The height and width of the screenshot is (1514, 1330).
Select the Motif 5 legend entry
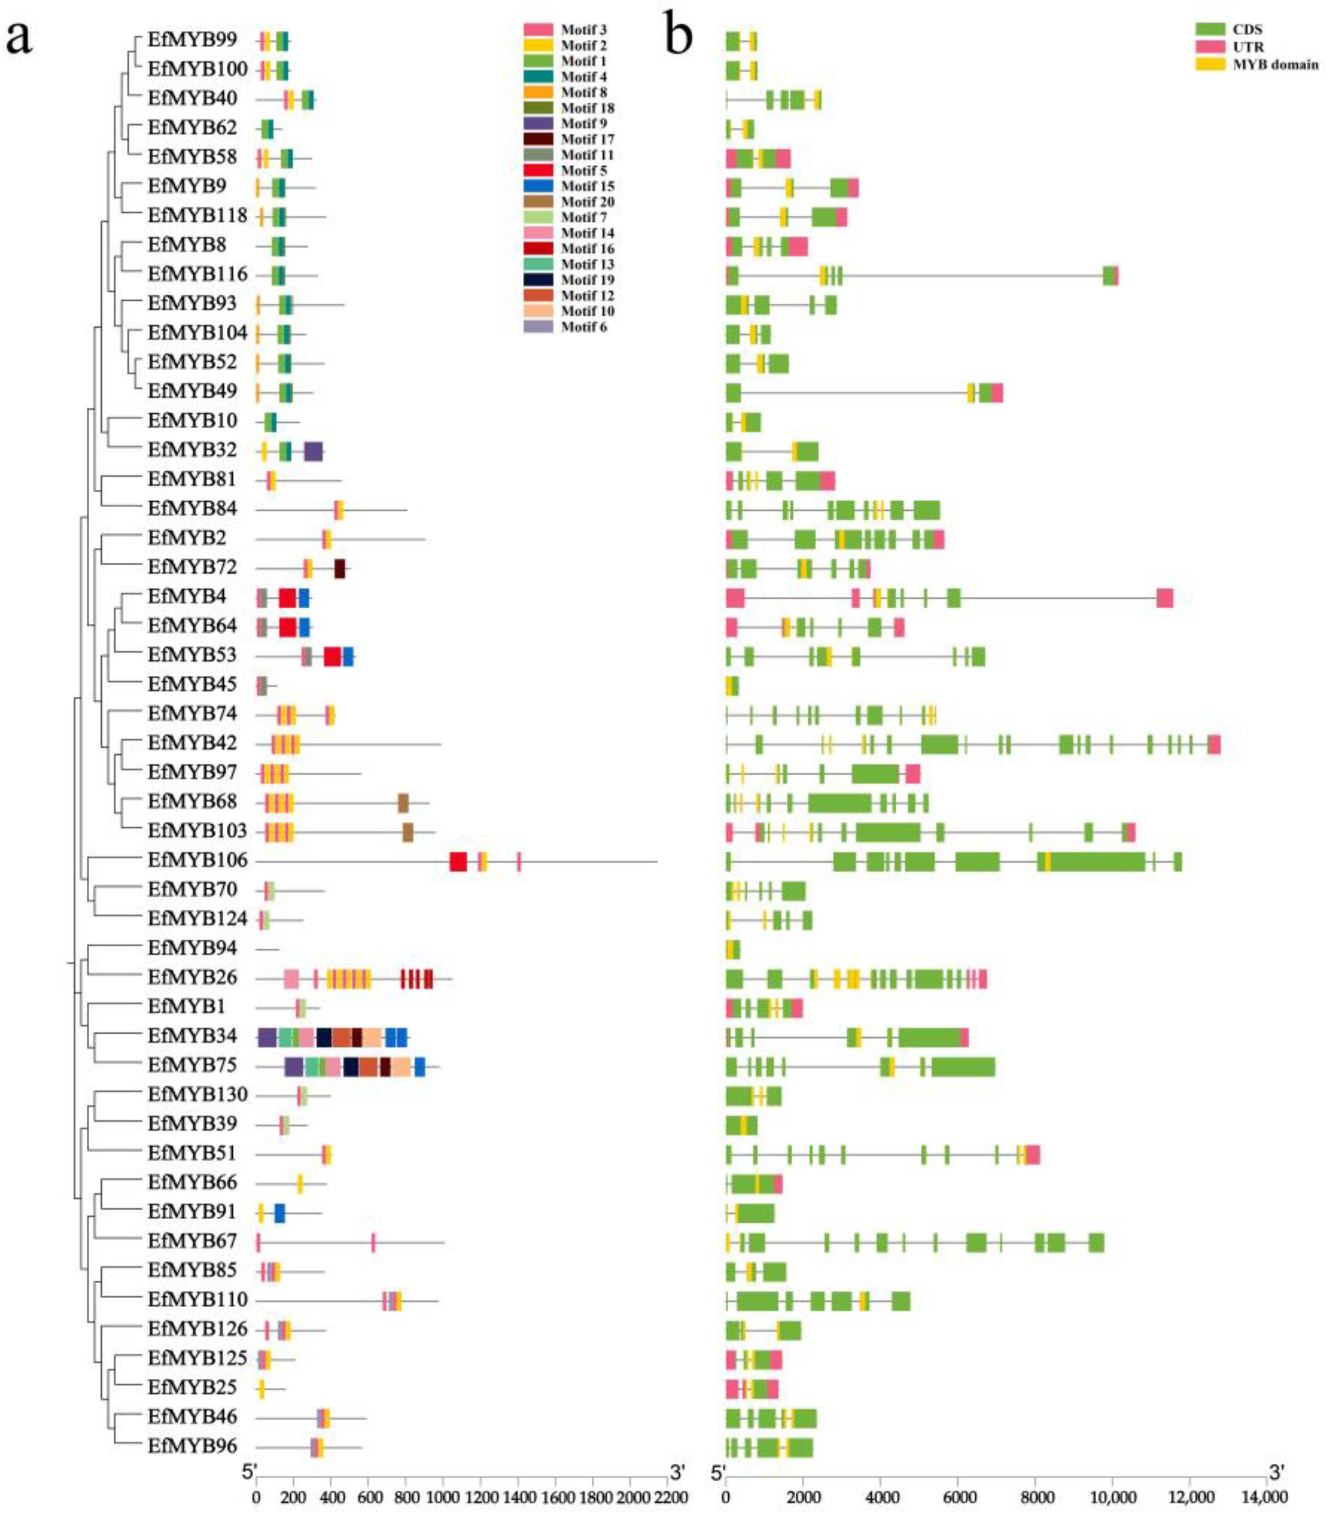coord(583,170)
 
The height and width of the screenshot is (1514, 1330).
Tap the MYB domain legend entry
coord(1275,65)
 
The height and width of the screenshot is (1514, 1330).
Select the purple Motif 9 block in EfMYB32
coord(313,451)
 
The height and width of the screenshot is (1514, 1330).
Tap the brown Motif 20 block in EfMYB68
coord(404,803)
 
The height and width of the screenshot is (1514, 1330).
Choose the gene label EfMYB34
coord(192,1036)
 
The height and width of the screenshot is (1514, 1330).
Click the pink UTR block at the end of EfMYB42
coord(1214,744)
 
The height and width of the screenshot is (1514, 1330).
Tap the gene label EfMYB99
coord(192,39)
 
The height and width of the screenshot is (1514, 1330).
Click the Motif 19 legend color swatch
coord(538,280)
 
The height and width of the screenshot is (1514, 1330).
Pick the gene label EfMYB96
coord(192,1446)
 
